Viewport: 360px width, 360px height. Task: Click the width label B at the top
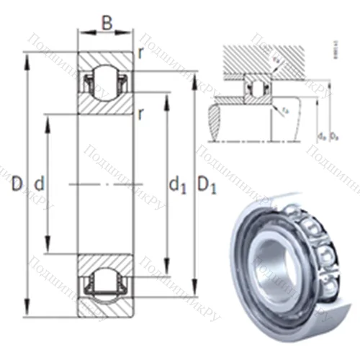pyautogui.click(x=107, y=23)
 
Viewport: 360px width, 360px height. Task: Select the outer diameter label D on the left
pyautogui.click(x=16, y=184)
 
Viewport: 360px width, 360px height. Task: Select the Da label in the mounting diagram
pyautogui.click(x=332, y=135)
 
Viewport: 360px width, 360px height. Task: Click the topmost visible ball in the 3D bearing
pyautogui.click(x=296, y=210)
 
